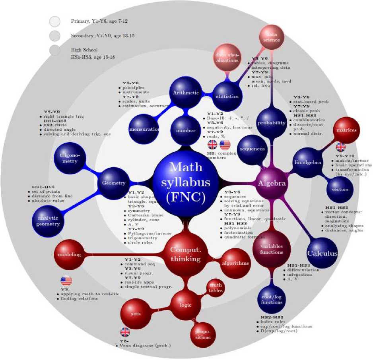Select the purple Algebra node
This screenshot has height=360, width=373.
click(x=272, y=184)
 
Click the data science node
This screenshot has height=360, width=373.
click(x=272, y=39)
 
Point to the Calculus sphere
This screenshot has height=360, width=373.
click(x=322, y=253)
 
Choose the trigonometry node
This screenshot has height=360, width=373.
click(x=70, y=158)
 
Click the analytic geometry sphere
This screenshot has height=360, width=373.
click(x=49, y=221)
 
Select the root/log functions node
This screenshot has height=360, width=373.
click(x=272, y=299)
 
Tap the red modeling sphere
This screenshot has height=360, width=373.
click(x=70, y=254)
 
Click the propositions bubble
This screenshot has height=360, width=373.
click(x=203, y=333)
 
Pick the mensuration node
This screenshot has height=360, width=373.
click(x=144, y=130)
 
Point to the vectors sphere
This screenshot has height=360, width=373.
click(x=340, y=190)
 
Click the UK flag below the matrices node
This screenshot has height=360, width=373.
click(x=341, y=147)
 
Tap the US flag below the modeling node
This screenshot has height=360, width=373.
click(x=66, y=281)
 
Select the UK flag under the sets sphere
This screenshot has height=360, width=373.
click(x=125, y=332)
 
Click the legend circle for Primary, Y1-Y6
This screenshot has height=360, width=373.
click(x=55, y=21)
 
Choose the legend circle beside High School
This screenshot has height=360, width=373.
click(x=55, y=50)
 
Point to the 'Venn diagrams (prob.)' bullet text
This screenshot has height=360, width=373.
click(x=145, y=346)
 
